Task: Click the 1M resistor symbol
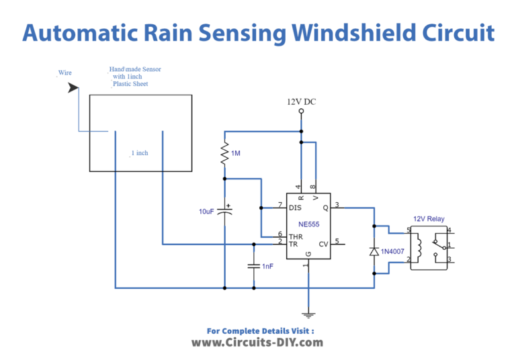pyautogui.click(x=224, y=154)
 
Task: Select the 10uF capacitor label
pyautogui.click(x=208, y=212)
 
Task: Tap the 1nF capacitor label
pyautogui.click(x=268, y=267)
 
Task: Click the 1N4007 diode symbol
pyautogui.click(x=374, y=251)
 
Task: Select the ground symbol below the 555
pyautogui.click(x=308, y=313)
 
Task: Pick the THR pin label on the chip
pyautogui.click(x=296, y=236)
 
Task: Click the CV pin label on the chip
pyautogui.click(x=323, y=244)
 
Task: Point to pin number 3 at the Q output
pyautogui.click(x=337, y=205)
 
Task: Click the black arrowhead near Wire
pyautogui.click(x=73, y=88)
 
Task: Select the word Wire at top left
pyautogui.click(x=64, y=73)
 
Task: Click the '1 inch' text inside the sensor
pyautogui.click(x=140, y=153)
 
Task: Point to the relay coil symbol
pyautogui.click(x=419, y=246)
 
